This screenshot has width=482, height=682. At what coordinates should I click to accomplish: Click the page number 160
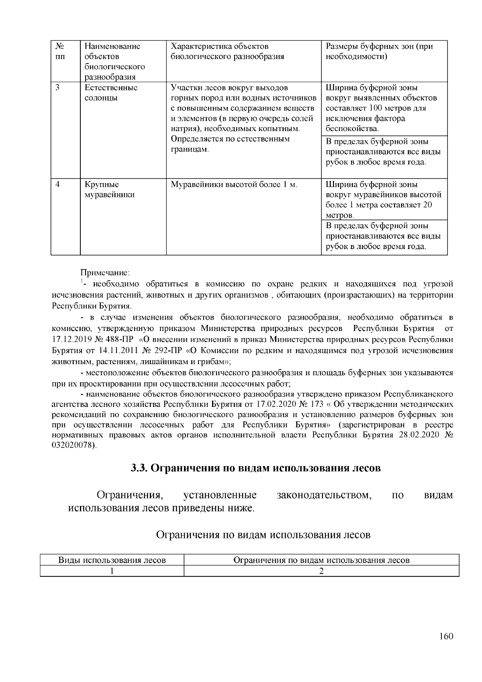pos(446,636)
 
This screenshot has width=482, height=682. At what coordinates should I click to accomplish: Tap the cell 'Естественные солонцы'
pos(111,93)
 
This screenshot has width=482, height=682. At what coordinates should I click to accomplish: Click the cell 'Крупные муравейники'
pos(109,190)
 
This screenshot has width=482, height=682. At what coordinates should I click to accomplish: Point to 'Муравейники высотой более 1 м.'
pos(234,185)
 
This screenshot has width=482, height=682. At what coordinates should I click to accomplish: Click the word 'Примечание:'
pos(105,273)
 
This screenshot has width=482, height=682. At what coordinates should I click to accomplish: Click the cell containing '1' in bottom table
pos(112,572)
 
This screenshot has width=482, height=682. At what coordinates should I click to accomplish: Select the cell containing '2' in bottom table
pos(321,572)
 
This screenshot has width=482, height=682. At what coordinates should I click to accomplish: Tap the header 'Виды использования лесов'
pos(112,560)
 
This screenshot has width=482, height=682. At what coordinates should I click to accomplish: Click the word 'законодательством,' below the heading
pos(324,495)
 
